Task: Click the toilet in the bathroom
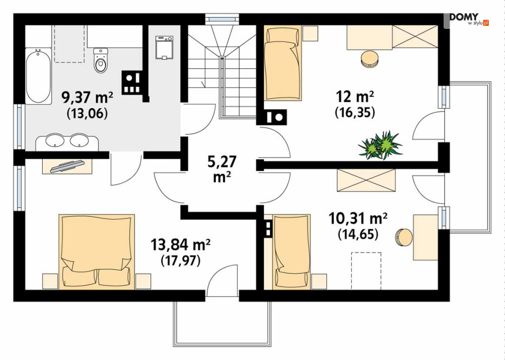101,60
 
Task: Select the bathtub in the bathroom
39,76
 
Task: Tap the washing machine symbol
164,48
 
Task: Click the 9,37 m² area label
87,97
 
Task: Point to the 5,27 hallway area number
222,162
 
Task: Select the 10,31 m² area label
358,219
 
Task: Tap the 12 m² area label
355,96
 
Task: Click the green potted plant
380,145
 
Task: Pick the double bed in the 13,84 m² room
96,252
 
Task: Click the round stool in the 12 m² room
369,59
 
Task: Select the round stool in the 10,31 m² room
403,237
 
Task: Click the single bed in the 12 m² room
283,63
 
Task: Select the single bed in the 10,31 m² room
291,252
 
